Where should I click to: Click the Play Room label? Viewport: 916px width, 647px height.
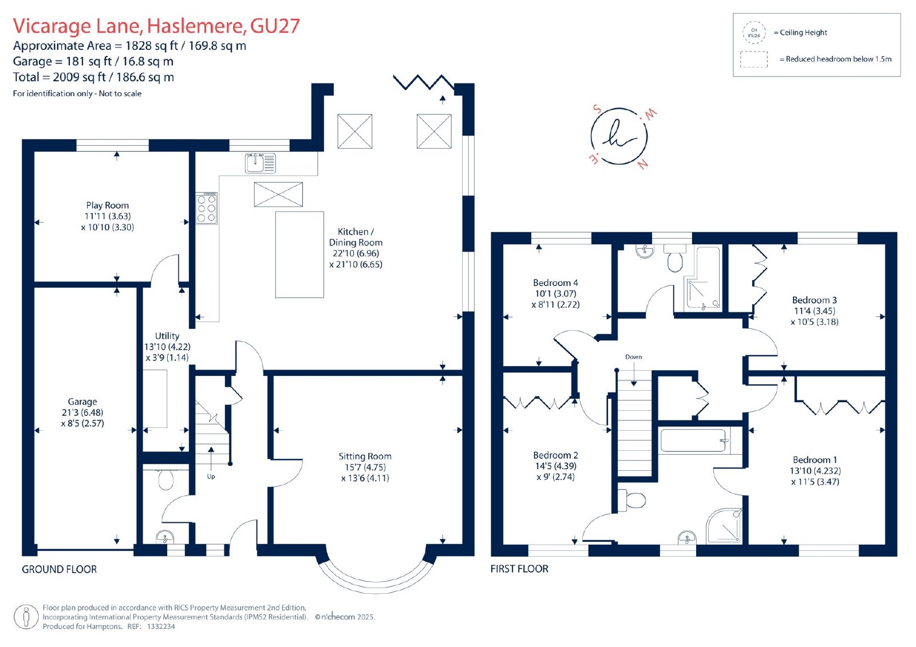pyautogui.click(x=107, y=205)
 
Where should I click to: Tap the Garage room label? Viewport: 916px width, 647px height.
pyautogui.click(x=82, y=402)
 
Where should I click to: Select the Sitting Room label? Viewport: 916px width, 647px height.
pyautogui.click(x=365, y=456)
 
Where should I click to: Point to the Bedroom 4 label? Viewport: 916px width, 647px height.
pyautogui.click(x=555, y=283)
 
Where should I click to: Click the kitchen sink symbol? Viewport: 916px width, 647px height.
pyautogui.click(x=260, y=163)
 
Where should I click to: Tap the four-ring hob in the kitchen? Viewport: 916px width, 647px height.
pyautogui.click(x=206, y=208)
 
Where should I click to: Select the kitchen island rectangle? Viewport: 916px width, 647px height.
pyautogui.click(x=300, y=254)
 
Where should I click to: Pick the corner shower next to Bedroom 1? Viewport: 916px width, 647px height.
pyautogui.click(x=724, y=525)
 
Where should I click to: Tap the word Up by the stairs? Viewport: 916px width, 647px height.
pyautogui.click(x=211, y=477)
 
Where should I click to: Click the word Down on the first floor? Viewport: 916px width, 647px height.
pyautogui.click(x=633, y=357)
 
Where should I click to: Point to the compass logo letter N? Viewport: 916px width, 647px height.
pyautogui.click(x=642, y=164)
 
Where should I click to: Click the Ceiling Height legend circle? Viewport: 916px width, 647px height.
pyautogui.click(x=754, y=33)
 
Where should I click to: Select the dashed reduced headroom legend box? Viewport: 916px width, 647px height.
pyautogui.click(x=753, y=59)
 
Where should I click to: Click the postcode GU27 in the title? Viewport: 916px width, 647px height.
pyautogui.click(x=275, y=26)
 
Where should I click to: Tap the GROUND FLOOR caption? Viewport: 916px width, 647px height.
pyautogui.click(x=60, y=569)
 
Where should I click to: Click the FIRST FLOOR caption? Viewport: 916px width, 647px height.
pyautogui.click(x=519, y=569)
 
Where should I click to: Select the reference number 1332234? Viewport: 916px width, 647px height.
pyautogui.click(x=161, y=626)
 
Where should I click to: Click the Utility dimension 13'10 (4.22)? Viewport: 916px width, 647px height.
pyautogui.click(x=167, y=347)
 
